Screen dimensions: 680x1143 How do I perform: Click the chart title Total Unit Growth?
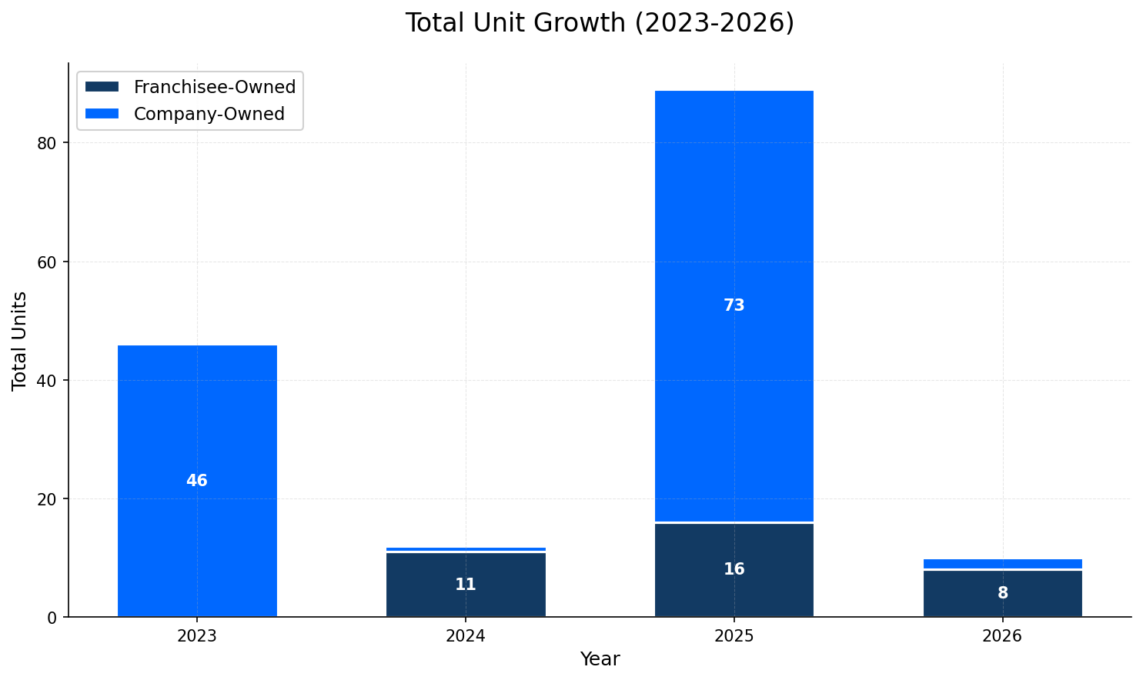pos(600,23)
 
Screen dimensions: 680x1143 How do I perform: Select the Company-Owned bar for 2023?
pos(197,415)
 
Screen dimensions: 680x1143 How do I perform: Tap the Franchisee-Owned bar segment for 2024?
pos(466,569)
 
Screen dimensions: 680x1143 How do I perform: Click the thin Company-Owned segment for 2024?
pos(466,549)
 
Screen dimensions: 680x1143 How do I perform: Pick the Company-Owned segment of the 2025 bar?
pos(734,231)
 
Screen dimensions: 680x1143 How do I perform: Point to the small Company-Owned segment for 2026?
pos(1002,564)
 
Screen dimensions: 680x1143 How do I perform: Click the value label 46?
pos(197,481)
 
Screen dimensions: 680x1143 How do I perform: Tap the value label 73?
pos(734,305)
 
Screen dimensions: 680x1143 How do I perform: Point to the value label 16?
pos(734,569)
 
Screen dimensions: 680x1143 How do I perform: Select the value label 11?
pos(466,585)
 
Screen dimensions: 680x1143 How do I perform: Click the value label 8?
pos(1002,593)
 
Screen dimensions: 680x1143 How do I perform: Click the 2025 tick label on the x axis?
pos(734,636)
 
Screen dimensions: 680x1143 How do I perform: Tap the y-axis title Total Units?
pos(20,340)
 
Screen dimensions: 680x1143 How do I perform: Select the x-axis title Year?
pos(600,659)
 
